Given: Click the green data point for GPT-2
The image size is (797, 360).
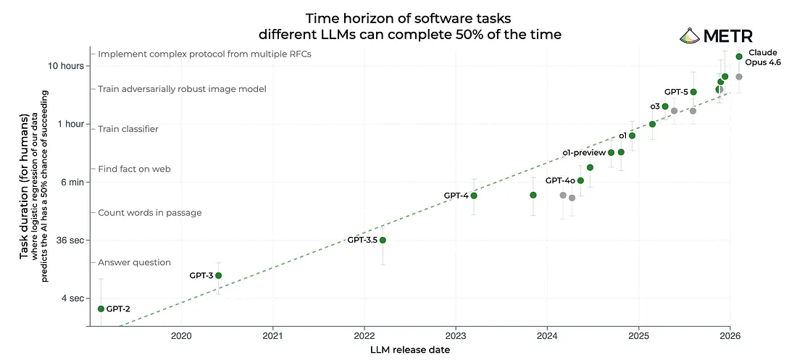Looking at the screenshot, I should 101,309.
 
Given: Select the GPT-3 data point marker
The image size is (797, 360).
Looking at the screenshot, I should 218,275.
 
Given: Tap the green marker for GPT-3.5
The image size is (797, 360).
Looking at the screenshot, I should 383,240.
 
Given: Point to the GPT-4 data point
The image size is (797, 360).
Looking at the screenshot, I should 474,196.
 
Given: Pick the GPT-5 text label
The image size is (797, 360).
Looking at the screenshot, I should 676,92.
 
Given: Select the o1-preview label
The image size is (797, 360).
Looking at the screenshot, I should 583,152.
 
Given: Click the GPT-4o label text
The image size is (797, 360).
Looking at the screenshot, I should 560,180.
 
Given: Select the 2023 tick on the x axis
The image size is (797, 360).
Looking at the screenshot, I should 456,336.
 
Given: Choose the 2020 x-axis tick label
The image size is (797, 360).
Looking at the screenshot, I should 181,336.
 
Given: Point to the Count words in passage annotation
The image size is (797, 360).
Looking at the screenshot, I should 150,213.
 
